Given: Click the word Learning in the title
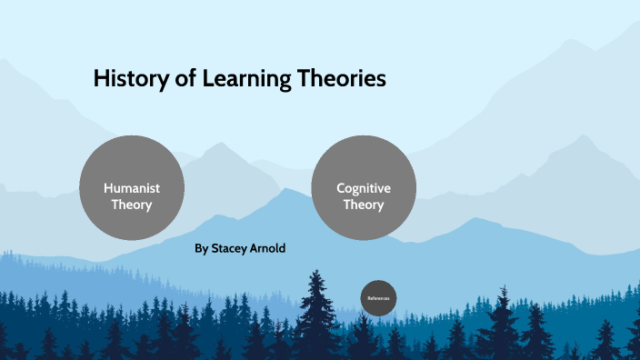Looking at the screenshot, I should (245, 80).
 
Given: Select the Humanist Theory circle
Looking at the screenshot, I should (132, 187).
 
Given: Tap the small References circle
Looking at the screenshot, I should (378, 298).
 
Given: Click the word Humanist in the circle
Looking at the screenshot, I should (132, 188).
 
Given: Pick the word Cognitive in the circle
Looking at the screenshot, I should (364, 188).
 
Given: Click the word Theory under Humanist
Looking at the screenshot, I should (132, 205).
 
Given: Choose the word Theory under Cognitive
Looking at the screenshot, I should (364, 205).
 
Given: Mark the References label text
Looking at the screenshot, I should (378, 298).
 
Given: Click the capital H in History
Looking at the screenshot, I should (101, 80).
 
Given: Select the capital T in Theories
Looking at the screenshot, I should (304, 80).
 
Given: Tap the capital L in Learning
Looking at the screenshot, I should (208, 80).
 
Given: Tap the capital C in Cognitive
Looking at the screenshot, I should (341, 188).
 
